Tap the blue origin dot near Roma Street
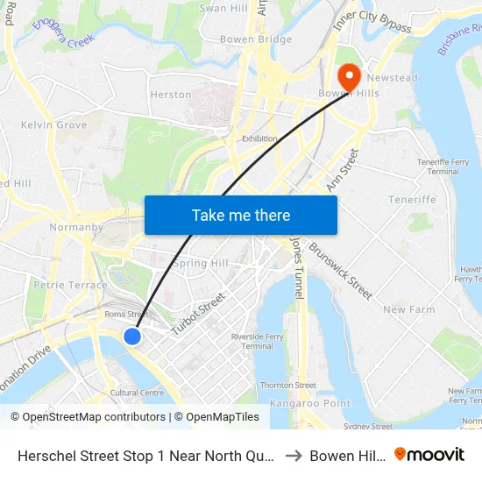coord(132,337)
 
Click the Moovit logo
coord(429,455)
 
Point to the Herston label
coord(171,95)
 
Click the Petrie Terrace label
coord(70,285)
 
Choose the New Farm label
coord(408,309)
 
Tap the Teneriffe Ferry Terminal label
coord(437,167)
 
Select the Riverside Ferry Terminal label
coord(257,341)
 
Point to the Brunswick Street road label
coord(340,271)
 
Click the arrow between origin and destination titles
coord(294,456)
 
